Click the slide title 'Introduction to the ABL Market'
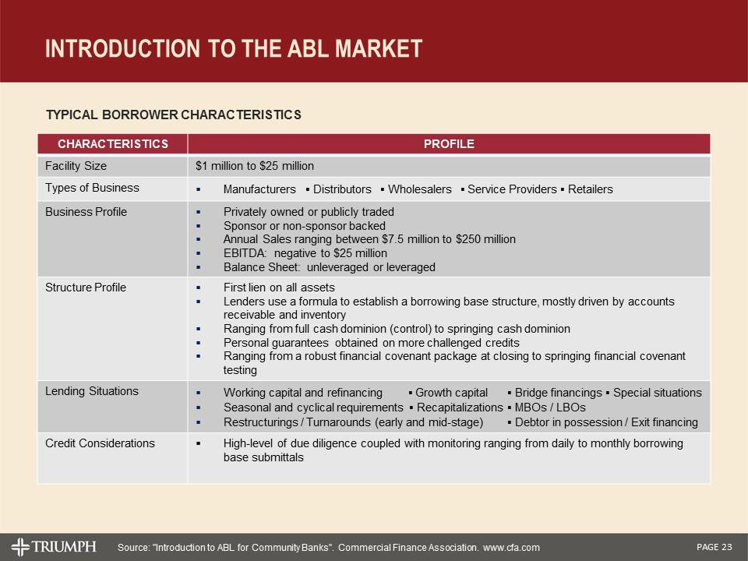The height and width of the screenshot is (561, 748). pos(234,48)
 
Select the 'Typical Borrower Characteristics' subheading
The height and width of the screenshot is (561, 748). pos(173,115)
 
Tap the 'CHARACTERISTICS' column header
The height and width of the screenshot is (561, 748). pos(111,144)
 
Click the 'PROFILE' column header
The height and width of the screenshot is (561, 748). pos(449,144)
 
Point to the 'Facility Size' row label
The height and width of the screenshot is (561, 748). pos(76,166)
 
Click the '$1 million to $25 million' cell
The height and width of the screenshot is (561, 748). pos(254,166)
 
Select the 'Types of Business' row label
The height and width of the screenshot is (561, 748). pos(92,188)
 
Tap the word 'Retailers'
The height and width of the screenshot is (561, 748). pos(591,189)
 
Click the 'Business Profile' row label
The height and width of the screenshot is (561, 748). pos(86,212)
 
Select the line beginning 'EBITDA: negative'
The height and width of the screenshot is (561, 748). pos(305,253)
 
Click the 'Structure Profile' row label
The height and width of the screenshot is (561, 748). pos(86,288)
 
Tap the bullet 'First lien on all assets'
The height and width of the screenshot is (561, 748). pos(279,288)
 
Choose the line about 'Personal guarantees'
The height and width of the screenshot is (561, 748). pos(371,343)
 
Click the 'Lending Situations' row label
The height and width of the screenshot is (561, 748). pos(92,391)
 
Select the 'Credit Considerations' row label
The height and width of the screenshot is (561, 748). pos(100,443)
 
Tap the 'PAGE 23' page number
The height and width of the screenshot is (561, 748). pos(714,546)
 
